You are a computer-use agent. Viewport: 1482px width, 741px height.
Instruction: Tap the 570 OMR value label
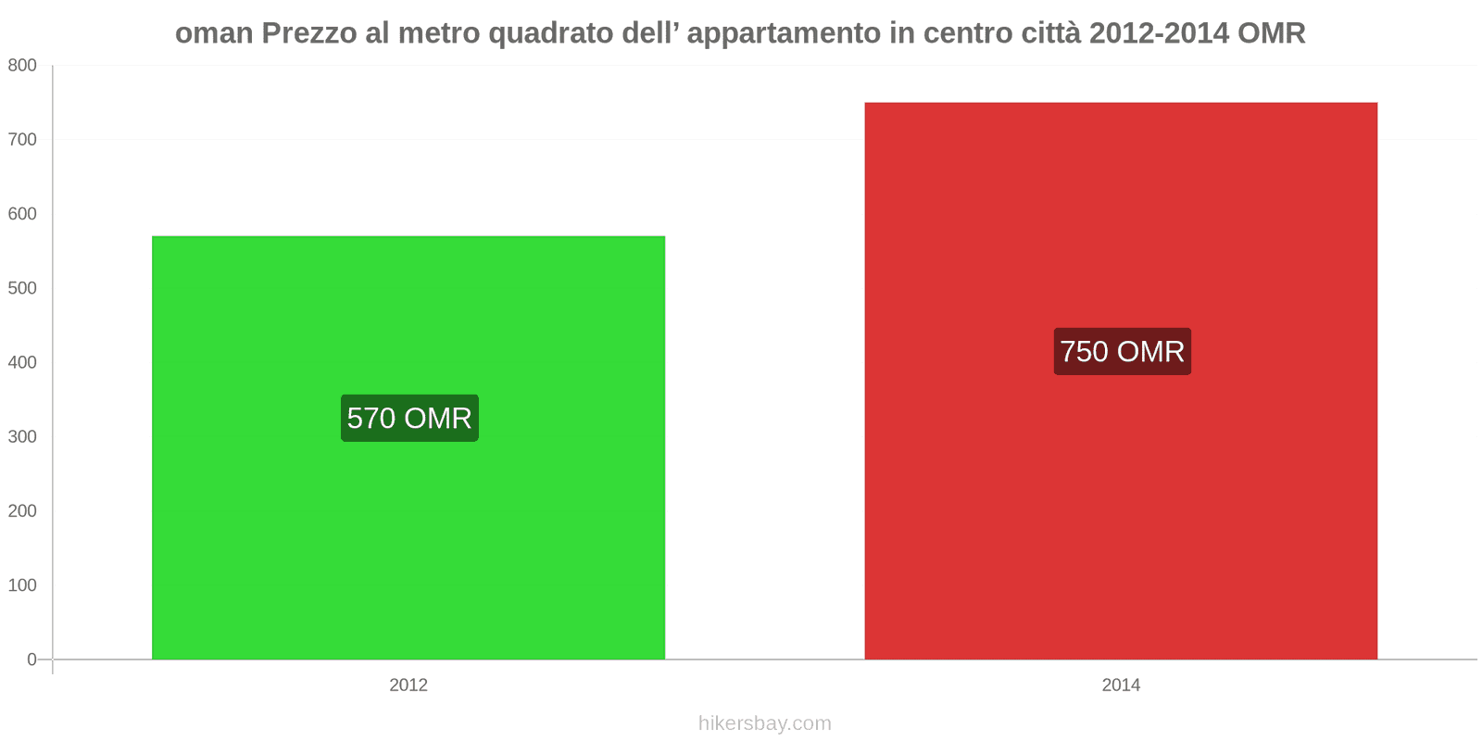pos(409,419)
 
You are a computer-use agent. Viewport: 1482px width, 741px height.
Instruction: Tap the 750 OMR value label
pos(1122,352)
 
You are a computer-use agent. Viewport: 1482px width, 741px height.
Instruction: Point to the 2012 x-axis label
pos(408,685)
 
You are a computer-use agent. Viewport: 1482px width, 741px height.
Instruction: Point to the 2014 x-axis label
pos(1121,685)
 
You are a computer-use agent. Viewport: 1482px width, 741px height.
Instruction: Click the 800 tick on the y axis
pos(22,65)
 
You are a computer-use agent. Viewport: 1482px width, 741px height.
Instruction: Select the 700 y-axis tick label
pos(22,140)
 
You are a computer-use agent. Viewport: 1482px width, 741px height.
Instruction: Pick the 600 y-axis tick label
pos(22,214)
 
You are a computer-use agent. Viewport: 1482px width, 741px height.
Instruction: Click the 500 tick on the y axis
pos(22,288)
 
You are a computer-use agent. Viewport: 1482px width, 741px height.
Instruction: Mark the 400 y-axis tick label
pos(22,362)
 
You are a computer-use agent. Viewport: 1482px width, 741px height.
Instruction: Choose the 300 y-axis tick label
pos(22,436)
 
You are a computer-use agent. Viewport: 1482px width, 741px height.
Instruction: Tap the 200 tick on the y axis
pos(22,511)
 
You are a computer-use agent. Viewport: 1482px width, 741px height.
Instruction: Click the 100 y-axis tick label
pos(22,585)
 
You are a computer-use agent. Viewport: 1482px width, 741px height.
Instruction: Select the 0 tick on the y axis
pos(31,659)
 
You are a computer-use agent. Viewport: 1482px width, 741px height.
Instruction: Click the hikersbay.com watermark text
pos(764,723)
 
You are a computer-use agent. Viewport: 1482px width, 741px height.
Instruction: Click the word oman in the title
pos(214,33)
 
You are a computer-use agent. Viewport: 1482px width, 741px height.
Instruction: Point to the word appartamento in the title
pos(784,33)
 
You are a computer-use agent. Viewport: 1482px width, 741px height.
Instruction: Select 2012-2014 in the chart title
pos(1159,33)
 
